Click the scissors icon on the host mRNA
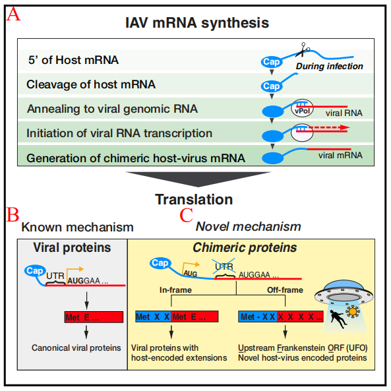(x=303, y=49)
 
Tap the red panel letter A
(x=13, y=15)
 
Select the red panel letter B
(x=13, y=214)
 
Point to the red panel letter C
(x=187, y=215)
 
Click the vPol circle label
(x=302, y=108)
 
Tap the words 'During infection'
(x=329, y=67)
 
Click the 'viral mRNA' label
(x=340, y=156)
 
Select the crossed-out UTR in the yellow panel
(x=224, y=266)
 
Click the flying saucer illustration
(x=344, y=291)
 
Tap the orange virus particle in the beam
(x=352, y=311)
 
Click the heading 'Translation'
(x=194, y=200)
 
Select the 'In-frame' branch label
(x=175, y=290)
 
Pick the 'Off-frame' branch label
(x=285, y=290)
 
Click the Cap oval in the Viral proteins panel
(x=35, y=271)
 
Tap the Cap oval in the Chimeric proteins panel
(x=160, y=263)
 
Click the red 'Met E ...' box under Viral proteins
(x=94, y=317)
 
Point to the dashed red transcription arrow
(x=329, y=127)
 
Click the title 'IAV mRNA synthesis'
(x=197, y=22)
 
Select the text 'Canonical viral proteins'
(x=76, y=348)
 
